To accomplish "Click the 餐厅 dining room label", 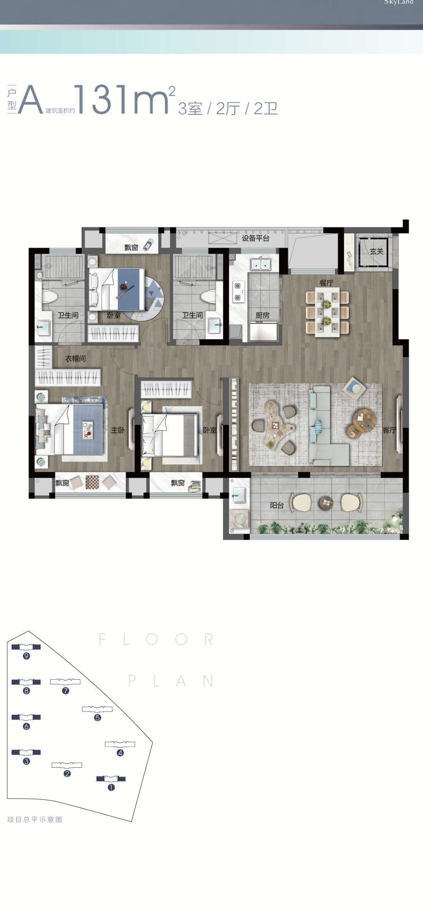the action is (326, 283).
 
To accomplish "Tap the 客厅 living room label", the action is (389, 430).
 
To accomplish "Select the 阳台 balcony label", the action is (277, 505).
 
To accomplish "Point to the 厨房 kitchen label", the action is (262, 315).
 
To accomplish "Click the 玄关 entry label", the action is (377, 251).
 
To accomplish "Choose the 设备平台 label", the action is (255, 238).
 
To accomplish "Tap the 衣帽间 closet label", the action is (75, 358).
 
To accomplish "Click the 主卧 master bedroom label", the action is (117, 430).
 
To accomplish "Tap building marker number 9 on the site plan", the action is (26, 656).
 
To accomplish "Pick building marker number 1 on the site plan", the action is (111, 787).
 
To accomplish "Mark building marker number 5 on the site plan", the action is (98, 718).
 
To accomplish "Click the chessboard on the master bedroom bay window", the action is (92, 482).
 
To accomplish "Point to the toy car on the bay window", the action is (148, 245).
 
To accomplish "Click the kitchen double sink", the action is (261, 264).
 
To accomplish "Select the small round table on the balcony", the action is (326, 502).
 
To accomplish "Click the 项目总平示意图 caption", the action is (35, 819).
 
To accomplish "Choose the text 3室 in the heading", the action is (190, 108).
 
